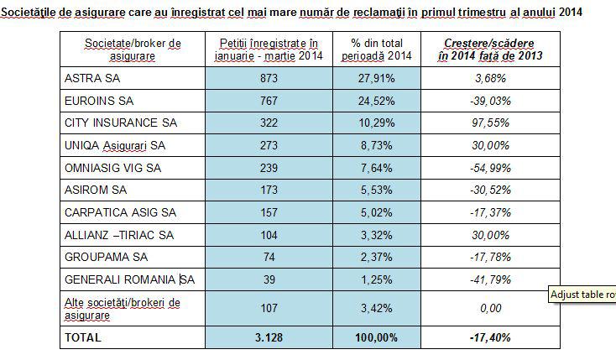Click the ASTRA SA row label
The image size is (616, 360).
(89, 78)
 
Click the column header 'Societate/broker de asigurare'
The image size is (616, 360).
(133, 49)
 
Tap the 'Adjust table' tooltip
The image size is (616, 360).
(582, 295)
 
